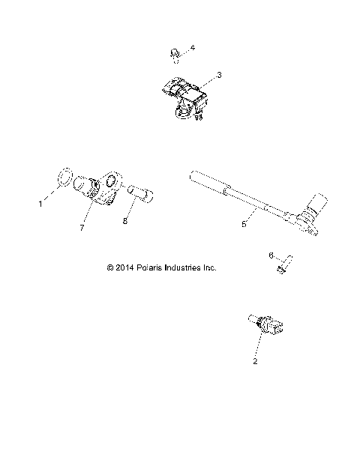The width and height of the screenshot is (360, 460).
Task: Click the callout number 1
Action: click(40, 202)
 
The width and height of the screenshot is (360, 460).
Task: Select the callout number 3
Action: click(218, 75)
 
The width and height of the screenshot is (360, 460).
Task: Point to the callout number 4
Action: click(193, 48)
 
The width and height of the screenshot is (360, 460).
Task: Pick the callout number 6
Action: click(271, 255)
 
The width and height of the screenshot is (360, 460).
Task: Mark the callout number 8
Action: click(125, 222)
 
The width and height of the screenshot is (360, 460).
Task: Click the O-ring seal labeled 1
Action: click(64, 178)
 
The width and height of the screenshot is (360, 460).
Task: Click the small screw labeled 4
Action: click(173, 53)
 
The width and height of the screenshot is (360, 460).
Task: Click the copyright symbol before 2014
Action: click(110, 267)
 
